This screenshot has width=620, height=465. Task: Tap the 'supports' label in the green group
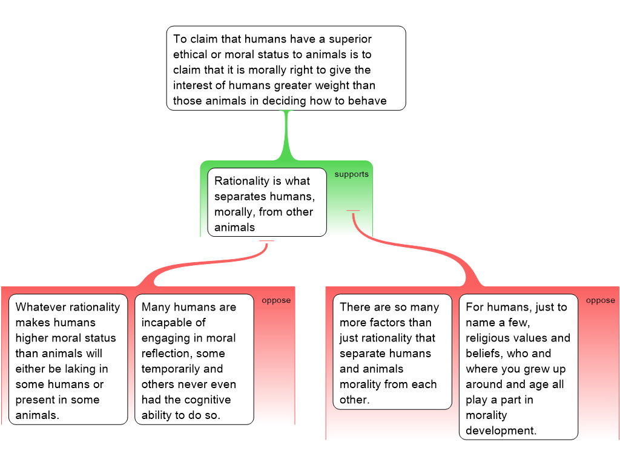point(351,174)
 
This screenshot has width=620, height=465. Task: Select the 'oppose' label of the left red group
point(276,300)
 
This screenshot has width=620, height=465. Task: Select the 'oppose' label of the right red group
point(601,300)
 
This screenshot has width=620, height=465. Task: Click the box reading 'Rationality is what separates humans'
point(266,203)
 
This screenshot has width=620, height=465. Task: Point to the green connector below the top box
point(286,136)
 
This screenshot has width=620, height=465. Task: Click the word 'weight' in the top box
point(331,85)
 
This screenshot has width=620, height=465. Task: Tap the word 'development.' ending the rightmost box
point(501,430)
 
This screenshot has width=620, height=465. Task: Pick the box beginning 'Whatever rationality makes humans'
point(68,359)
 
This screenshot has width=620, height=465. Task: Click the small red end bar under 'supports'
point(353,211)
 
